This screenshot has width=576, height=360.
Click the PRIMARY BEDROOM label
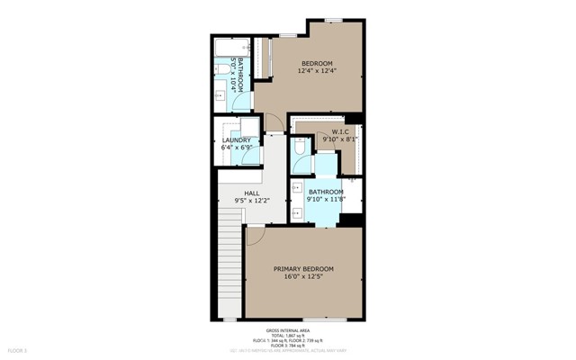(x=303, y=269)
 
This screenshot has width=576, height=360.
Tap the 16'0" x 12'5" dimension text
(x=303, y=278)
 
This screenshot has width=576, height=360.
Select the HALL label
(x=252, y=192)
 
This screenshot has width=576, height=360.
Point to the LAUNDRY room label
(x=237, y=140)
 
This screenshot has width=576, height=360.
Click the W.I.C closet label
(x=339, y=131)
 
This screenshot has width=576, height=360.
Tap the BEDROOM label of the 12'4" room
(x=317, y=62)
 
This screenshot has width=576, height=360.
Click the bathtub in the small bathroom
(x=221, y=44)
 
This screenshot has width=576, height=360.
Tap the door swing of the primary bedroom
(x=256, y=235)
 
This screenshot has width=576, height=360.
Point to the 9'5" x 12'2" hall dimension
(x=252, y=201)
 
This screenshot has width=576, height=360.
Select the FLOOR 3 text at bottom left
(x=18, y=349)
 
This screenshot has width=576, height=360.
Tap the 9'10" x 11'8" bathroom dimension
(x=325, y=201)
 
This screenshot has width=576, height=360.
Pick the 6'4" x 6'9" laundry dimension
(x=237, y=148)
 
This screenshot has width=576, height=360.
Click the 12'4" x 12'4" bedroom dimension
(x=317, y=71)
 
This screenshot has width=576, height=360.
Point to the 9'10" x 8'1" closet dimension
(x=340, y=139)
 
